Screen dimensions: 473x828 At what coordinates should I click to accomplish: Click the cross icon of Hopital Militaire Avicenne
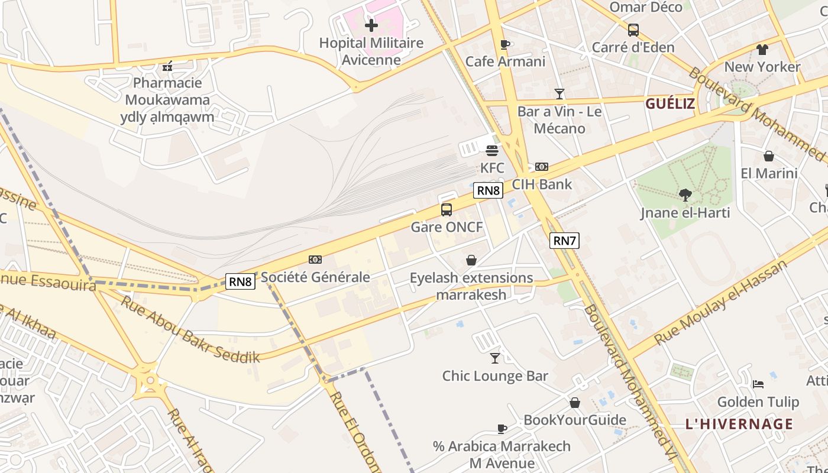tap(371, 25)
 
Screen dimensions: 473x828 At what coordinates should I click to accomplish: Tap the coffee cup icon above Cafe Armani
tap(504, 44)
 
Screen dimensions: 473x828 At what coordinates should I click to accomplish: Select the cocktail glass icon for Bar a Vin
tap(559, 93)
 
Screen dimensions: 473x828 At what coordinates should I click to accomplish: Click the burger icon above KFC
tap(491, 150)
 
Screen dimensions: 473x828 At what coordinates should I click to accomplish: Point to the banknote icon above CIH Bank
tap(541, 167)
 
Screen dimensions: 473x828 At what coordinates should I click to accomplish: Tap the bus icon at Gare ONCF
tap(447, 210)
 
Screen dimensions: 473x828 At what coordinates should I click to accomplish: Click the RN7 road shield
tap(564, 241)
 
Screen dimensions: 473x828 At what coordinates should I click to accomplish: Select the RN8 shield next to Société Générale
tap(241, 281)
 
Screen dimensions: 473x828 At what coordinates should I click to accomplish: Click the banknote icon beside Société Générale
tap(315, 260)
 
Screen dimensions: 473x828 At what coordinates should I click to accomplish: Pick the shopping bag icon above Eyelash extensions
tap(471, 260)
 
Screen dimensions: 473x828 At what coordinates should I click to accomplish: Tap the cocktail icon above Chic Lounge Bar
tap(495, 358)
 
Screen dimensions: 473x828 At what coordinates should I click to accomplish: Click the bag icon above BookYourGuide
tap(574, 403)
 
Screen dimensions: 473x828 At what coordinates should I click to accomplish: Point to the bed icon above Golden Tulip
tap(758, 384)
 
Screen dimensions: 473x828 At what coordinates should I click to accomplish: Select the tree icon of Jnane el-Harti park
tap(685, 195)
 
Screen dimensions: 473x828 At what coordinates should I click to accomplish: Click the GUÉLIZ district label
tap(669, 104)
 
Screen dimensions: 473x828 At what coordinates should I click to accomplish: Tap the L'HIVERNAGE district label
tap(739, 424)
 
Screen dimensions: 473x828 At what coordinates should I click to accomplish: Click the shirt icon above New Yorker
tap(762, 49)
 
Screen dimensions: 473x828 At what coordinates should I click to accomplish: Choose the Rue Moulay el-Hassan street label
tap(722, 302)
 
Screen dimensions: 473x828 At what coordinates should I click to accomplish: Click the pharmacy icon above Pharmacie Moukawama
tap(167, 66)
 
